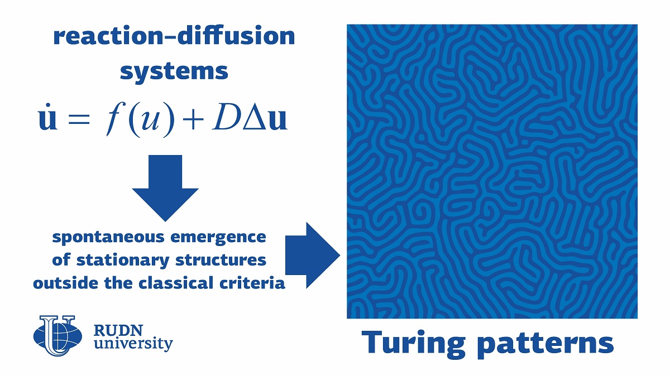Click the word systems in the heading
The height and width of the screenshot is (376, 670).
pos(174,72)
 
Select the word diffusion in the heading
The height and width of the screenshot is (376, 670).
pos(236,35)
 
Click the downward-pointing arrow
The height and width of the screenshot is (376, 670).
pos(165,188)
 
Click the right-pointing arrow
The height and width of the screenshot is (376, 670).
pos(313,256)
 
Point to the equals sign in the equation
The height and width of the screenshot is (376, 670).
pos(79,119)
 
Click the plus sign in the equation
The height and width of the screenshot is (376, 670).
pos(193,119)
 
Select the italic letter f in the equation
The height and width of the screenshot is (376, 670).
pos(114,119)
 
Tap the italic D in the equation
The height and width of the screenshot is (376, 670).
pos(227,117)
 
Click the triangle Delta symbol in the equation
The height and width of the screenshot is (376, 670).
pos(255,118)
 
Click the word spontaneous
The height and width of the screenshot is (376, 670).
pos(108,238)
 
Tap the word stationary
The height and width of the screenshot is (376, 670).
pos(123,261)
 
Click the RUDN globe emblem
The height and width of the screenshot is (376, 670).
pos(58,336)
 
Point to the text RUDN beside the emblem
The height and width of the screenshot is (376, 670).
pos(118,331)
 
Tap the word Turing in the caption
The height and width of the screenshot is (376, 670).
pos(413,344)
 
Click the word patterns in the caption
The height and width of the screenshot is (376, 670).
pos(545,345)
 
